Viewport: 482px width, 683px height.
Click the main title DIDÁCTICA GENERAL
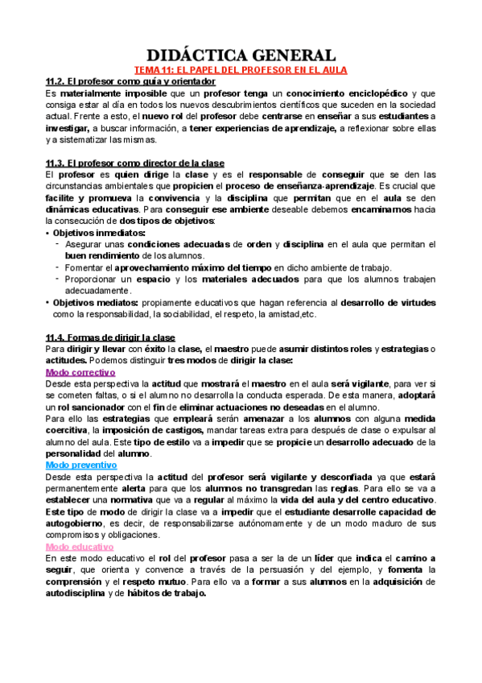click(x=241, y=55)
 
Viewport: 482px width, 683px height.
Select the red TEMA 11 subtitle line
click(x=241, y=70)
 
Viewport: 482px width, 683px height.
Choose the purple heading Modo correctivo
click(x=80, y=373)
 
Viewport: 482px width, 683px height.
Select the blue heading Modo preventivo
click(x=81, y=466)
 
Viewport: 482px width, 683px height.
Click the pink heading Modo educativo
click(x=80, y=547)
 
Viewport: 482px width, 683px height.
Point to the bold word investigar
click(x=68, y=127)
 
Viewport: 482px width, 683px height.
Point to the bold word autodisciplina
click(x=80, y=593)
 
